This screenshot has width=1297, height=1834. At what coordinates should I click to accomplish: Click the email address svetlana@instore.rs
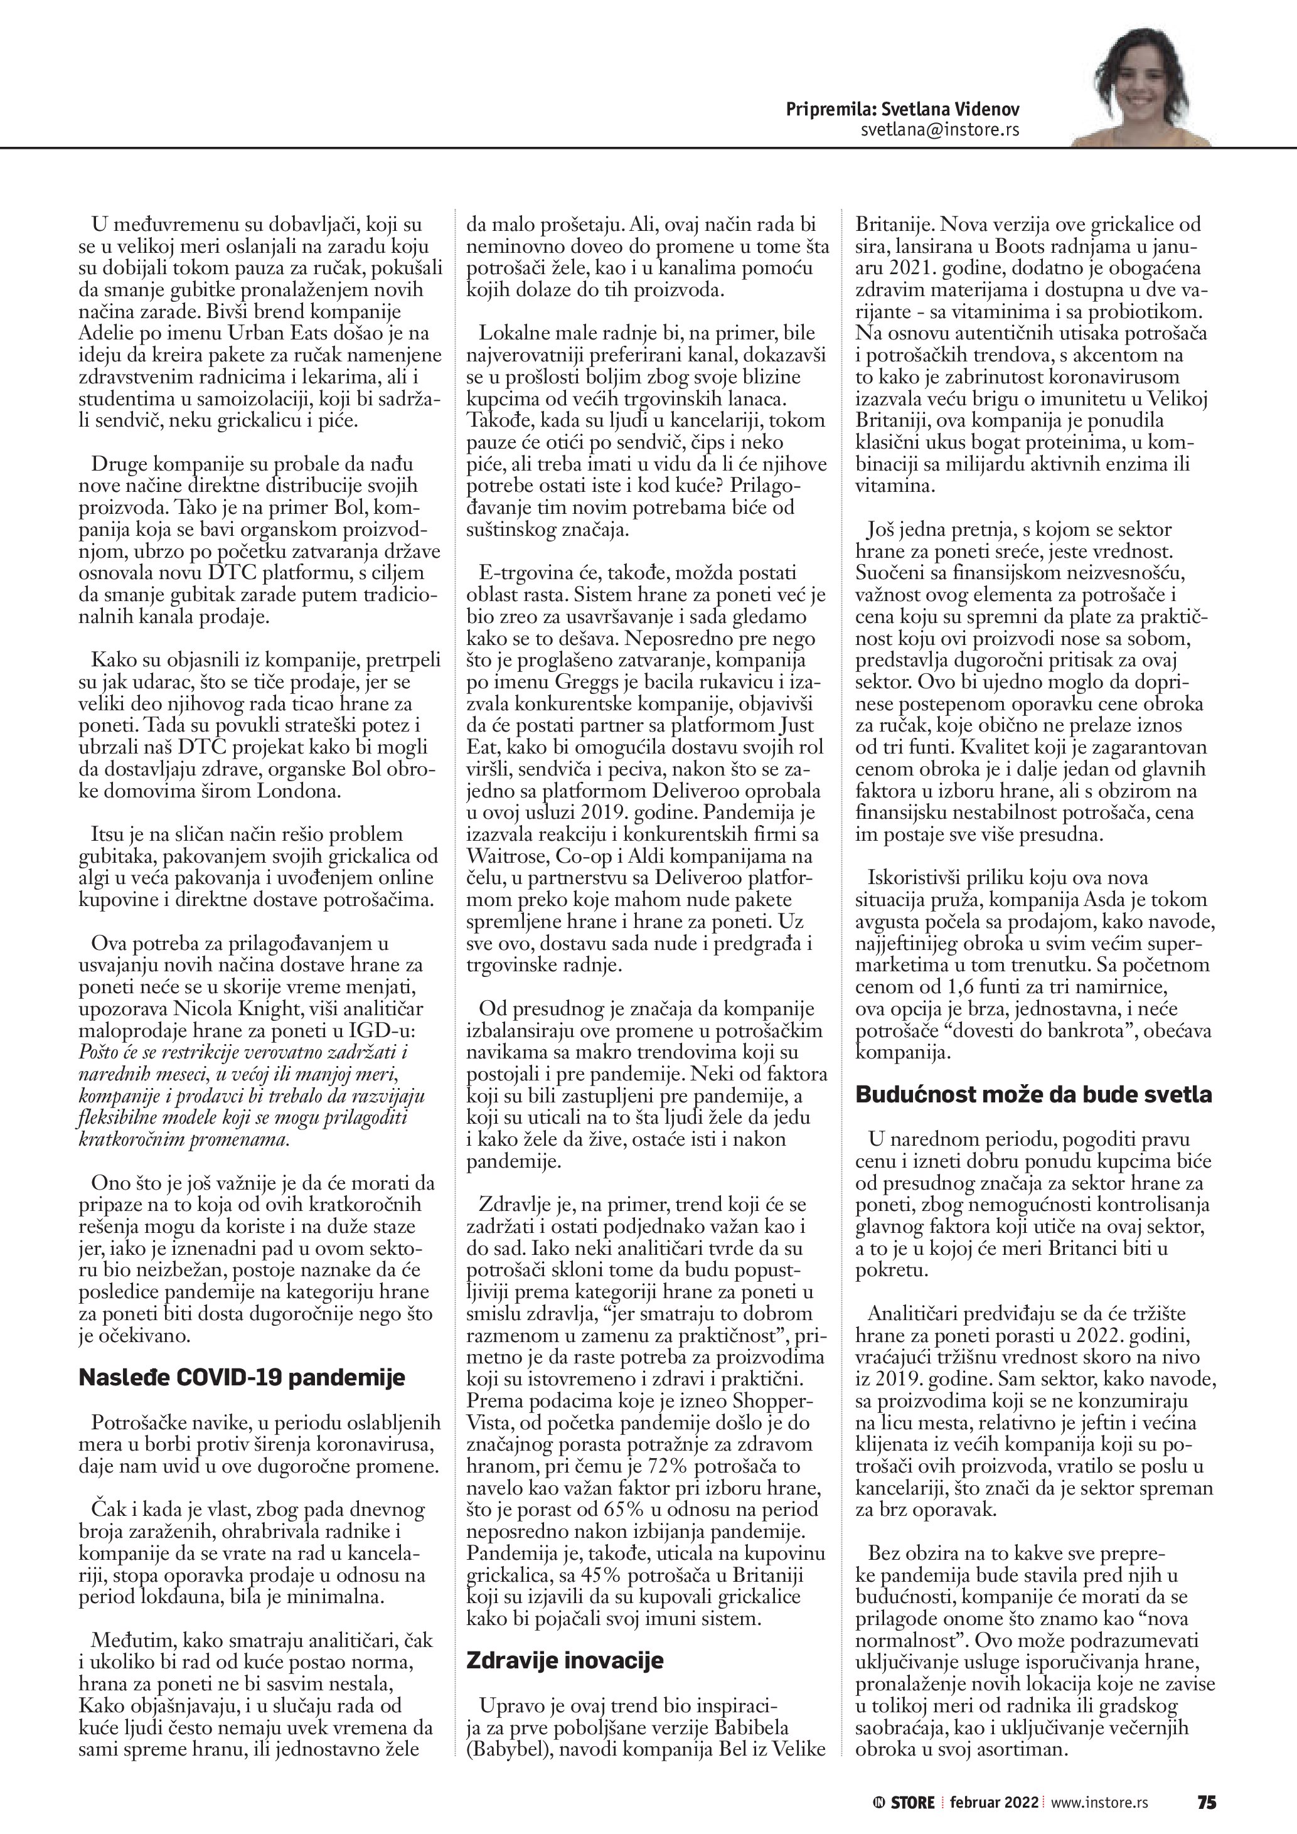pyautogui.click(x=940, y=129)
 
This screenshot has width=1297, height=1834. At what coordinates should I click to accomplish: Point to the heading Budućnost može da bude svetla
pyautogui.click(x=1033, y=1094)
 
